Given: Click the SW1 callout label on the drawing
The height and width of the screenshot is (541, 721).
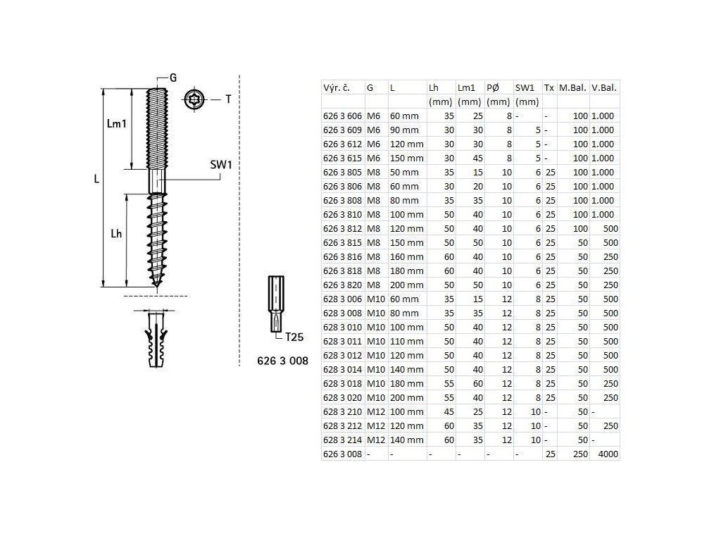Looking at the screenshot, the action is pyautogui.click(x=220, y=165).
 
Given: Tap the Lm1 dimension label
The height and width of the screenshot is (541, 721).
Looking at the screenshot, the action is pyautogui.click(x=116, y=123).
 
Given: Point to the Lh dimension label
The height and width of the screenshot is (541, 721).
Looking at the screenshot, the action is pyautogui.click(x=116, y=234).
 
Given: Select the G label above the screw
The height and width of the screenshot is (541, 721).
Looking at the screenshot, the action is pyautogui.click(x=173, y=77).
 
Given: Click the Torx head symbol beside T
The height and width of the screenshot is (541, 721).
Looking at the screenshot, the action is pyautogui.click(x=194, y=99).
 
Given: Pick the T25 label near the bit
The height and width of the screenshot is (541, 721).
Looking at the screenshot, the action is pyautogui.click(x=294, y=337).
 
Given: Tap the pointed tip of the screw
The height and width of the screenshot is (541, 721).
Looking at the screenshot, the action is pyautogui.click(x=157, y=288).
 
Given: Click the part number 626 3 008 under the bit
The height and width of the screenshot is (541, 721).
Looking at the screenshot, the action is pyautogui.click(x=282, y=361).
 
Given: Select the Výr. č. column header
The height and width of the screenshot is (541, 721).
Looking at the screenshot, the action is pyautogui.click(x=336, y=88).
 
